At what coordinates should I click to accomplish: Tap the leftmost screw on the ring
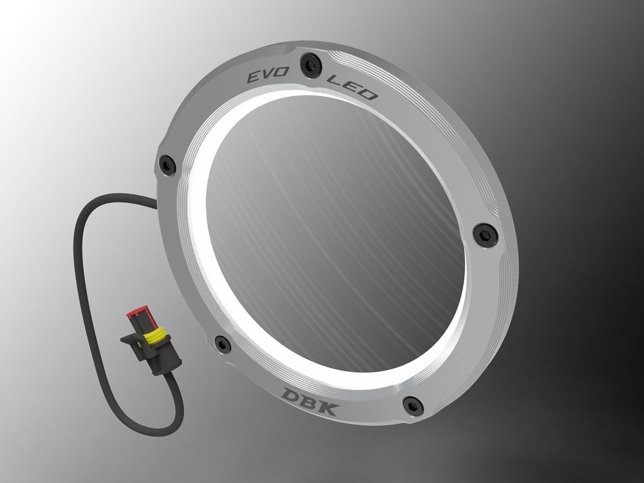tap(167, 162)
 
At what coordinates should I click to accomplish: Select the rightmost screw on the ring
tap(486, 232)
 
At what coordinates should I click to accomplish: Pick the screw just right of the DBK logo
tap(412, 402)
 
